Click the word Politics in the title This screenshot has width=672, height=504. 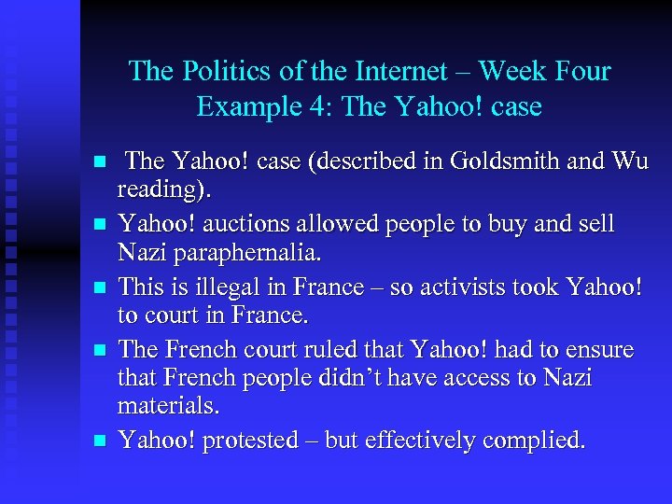click(x=221, y=72)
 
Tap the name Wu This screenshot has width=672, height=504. click(x=628, y=161)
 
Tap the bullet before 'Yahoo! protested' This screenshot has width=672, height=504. click(x=103, y=441)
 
